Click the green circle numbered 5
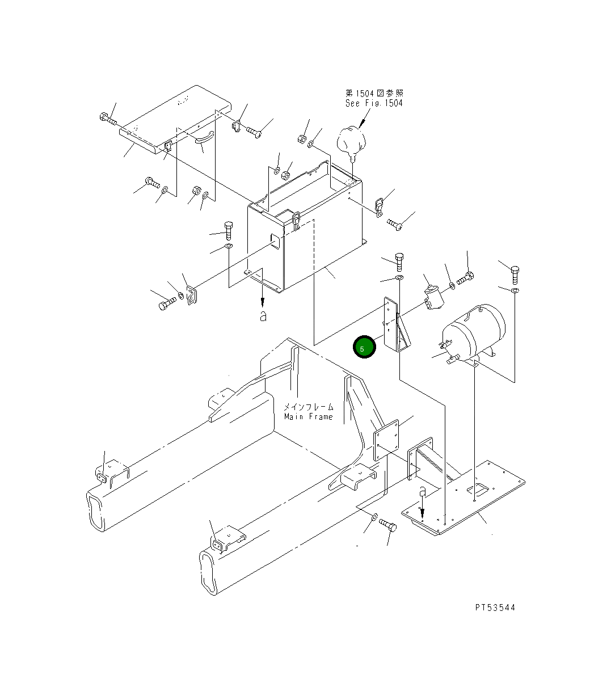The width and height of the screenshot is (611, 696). coord(364,347)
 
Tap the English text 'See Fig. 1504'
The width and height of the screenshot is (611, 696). coord(374,103)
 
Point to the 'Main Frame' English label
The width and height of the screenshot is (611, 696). coord(308,417)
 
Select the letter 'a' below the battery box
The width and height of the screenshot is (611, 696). coord(263,317)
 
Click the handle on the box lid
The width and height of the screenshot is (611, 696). coord(204,137)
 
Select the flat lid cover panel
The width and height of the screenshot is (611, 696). coord(175,119)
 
